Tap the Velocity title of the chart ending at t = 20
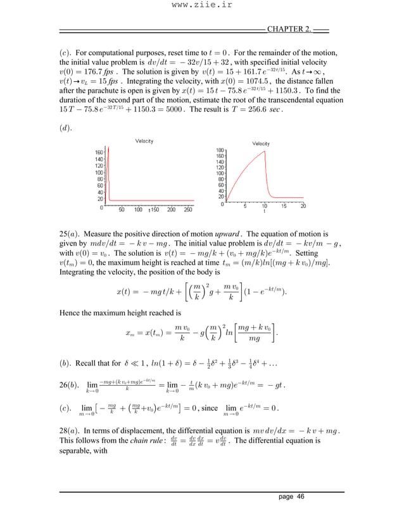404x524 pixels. pyautogui.click(x=261, y=144)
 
